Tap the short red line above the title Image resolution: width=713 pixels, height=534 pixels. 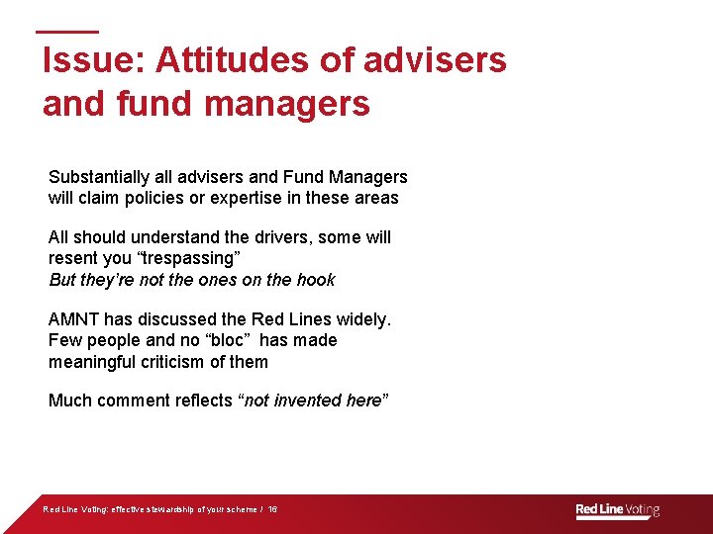click(67, 32)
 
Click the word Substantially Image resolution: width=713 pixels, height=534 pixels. click(97, 177)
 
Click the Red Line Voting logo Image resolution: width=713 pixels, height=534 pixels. click(617, 510)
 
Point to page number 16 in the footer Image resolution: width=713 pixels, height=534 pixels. click(272, 510)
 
